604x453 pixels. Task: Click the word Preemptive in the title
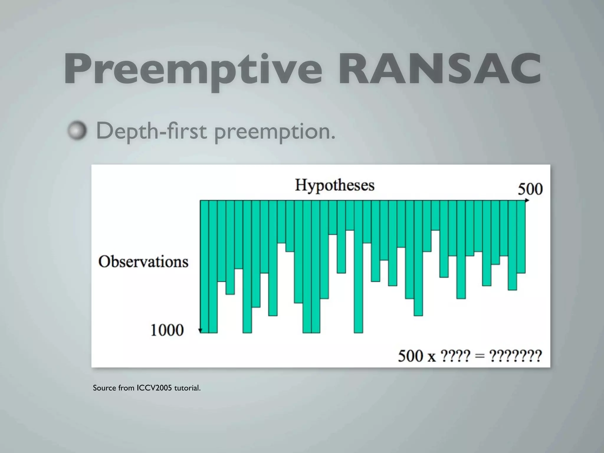coord(193,70)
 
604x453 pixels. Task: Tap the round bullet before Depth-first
coord(77,131)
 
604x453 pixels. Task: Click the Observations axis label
coord(143,262)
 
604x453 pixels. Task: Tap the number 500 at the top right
coord(530,189)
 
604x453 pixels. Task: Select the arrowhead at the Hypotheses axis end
coord(527,200)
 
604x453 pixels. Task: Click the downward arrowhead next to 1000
coord(200,331)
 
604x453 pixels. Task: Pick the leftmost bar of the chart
coord(204,265)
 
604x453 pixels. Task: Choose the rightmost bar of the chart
coord(521,236)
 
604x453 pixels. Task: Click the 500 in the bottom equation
coord(410,356)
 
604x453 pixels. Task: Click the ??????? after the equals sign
coord(515,356)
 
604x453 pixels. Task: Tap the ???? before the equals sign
coord(455,356)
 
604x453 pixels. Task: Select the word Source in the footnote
coord(104,388)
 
